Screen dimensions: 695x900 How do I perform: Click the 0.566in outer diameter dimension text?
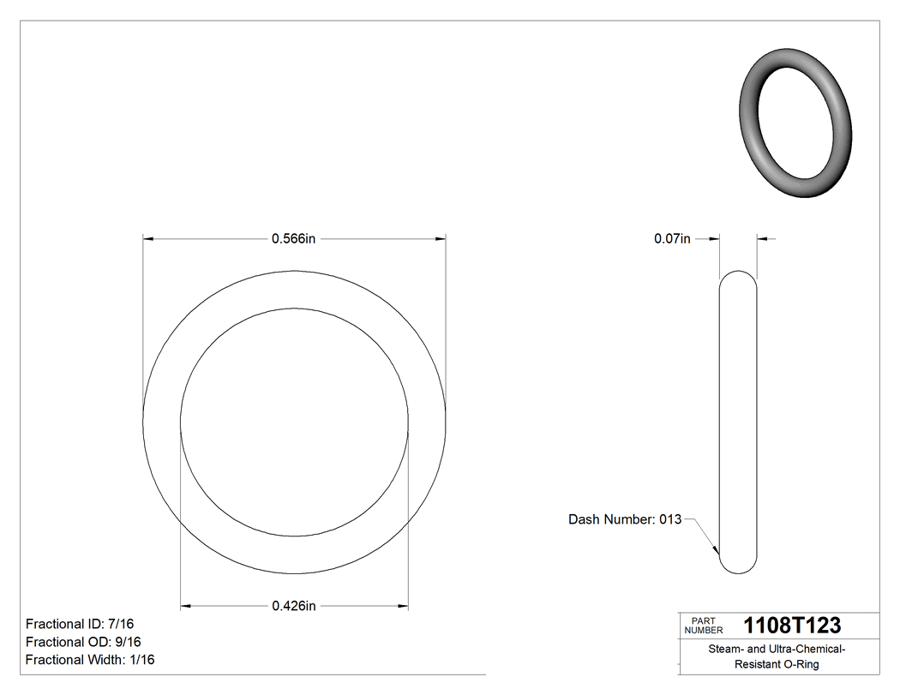[294, 239]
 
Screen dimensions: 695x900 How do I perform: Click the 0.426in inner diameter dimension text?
[294, 606]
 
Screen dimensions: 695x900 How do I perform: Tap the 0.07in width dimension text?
[672, 239]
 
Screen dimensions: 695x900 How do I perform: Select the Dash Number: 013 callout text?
[625, 519]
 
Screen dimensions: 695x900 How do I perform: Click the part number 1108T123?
[792, 626]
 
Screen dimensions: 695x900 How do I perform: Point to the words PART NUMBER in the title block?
[704, 626]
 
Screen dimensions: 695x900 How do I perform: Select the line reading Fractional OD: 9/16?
[84, 642]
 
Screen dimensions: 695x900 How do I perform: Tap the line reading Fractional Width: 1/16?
[90, 660]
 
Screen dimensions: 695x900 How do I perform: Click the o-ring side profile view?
[737, 422]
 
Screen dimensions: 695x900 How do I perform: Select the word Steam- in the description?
[726, 650]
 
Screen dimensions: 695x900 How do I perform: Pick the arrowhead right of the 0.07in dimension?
[763, 239]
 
